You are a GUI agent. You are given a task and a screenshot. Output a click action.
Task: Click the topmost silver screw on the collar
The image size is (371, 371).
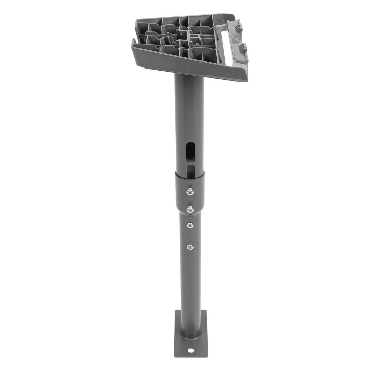190,191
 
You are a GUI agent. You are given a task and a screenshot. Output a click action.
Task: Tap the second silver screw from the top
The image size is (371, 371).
190,209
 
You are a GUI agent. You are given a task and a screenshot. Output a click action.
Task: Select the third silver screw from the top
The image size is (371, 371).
190,225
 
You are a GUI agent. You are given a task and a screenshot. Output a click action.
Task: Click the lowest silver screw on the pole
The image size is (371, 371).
190,247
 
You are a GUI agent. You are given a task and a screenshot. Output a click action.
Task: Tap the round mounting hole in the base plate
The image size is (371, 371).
191,351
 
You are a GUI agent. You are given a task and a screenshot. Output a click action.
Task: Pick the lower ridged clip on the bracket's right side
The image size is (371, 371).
243,49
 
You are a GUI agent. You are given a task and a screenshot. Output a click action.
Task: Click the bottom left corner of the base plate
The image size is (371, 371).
175,356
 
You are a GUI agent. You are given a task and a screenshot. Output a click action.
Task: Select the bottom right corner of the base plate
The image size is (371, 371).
207,356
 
